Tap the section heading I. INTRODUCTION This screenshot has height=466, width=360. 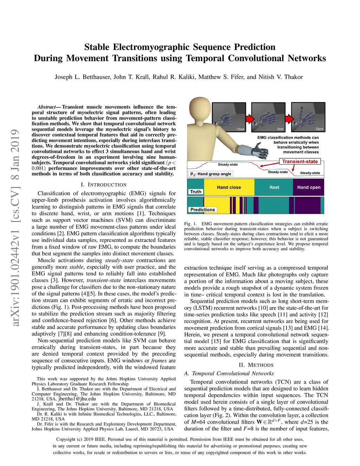[104, 185]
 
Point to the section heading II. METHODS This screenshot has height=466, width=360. [256, 365]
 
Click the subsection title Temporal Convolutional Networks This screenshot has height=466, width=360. [233, 374]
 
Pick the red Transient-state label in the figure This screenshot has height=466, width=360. [300, 162]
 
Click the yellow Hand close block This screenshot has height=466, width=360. [229, 187]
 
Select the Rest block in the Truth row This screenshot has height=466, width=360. [274, 187]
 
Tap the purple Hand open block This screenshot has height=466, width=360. [309, 187]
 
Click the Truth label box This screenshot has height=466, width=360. [195, 192]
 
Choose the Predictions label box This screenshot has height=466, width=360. [202, 210]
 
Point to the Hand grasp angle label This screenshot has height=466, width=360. [211, 174]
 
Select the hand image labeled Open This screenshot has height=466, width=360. [308, 117]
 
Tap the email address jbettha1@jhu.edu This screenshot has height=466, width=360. [77, 399]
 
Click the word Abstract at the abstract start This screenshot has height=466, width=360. [46, 107]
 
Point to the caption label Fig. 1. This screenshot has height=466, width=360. [191, 224]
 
